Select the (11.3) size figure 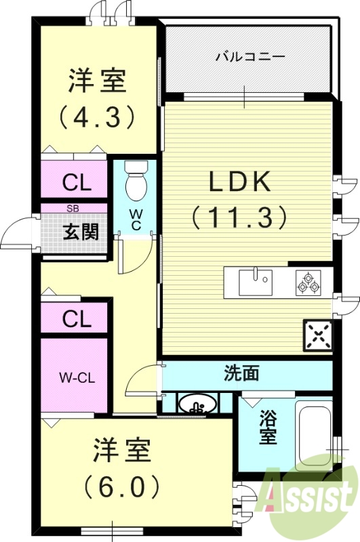240,217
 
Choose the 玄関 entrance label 81,232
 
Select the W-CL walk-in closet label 75,377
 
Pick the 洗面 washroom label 241,373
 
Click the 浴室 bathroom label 268,429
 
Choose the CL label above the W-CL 77,318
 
